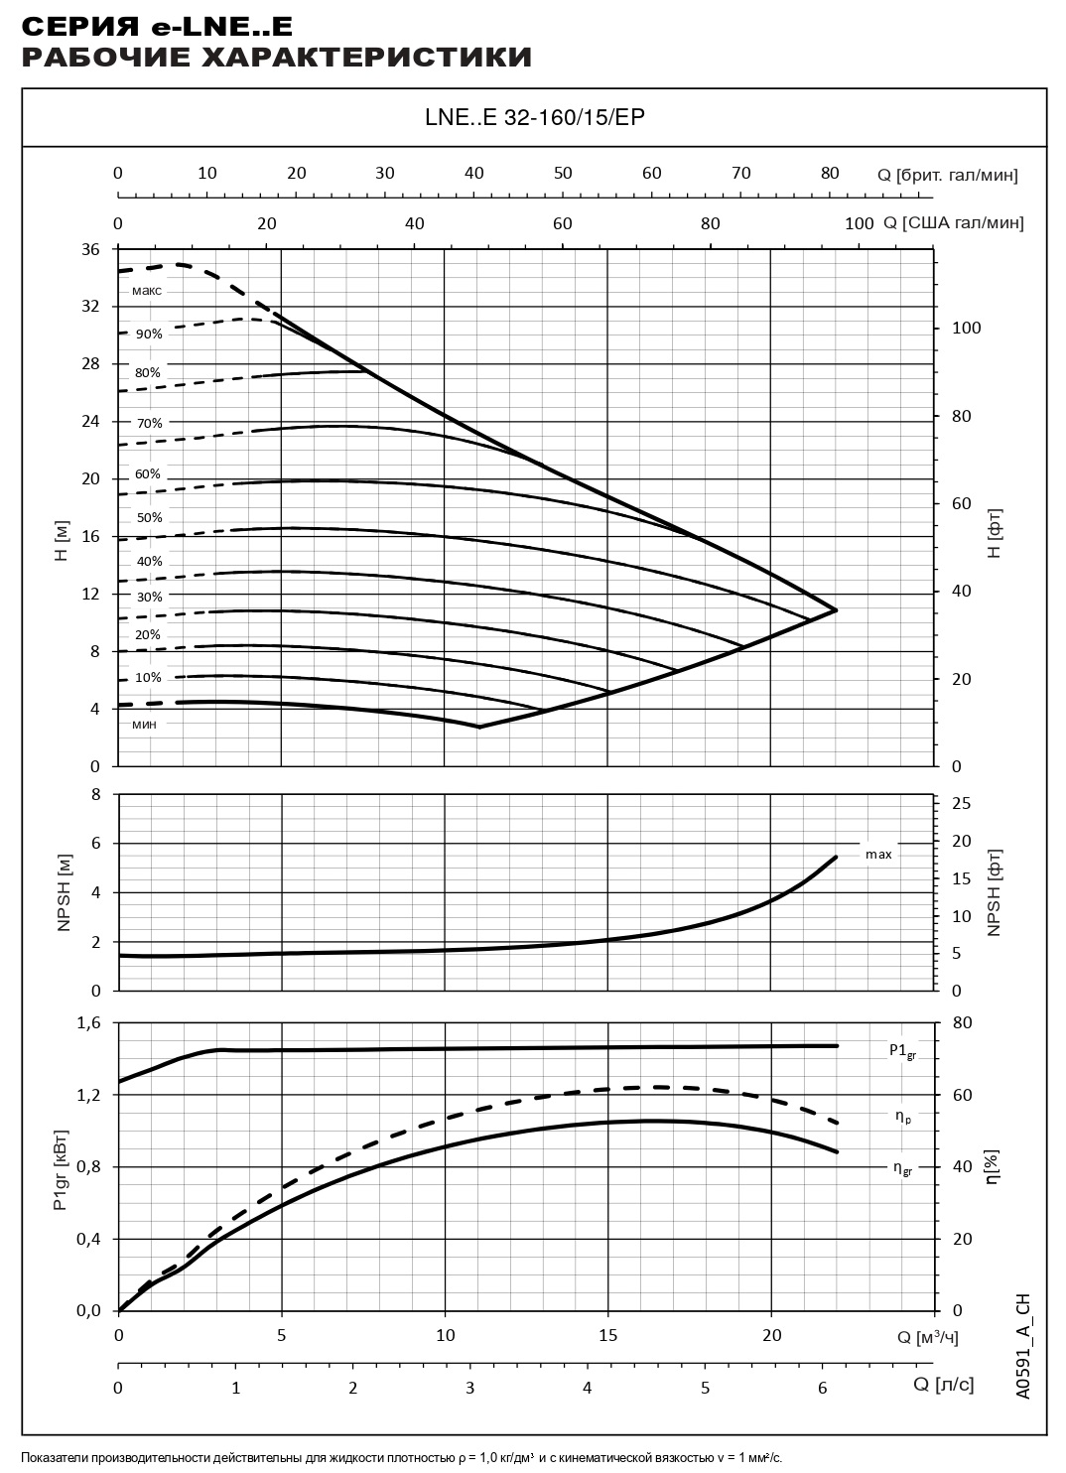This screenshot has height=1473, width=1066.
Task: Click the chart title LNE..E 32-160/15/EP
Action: [534, 118]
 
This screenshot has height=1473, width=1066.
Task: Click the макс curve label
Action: [146, 291]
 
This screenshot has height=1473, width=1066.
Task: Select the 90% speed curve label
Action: [149, 335]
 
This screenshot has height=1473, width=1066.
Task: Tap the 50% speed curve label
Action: [149, 518]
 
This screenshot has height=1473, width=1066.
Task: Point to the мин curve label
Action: [144, 724]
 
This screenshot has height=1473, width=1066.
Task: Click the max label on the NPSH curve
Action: [878, 854]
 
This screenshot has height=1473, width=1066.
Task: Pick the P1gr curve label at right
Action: [902, 1051]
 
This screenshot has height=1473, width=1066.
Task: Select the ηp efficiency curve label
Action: [902, 1117]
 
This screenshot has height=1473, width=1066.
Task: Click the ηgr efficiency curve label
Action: [902, 1168]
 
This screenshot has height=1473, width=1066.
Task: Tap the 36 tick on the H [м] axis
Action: [90, 249]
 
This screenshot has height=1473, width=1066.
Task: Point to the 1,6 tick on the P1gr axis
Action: [89, 1023]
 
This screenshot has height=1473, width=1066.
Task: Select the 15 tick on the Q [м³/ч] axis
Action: [608, 1335]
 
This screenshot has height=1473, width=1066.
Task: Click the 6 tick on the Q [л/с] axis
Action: [822, 1387]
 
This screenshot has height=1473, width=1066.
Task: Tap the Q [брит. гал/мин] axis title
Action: [948, 175]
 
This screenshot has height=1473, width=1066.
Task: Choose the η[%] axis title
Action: [993, 1166]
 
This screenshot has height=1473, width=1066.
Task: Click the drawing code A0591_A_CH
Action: [1023, 1346]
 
